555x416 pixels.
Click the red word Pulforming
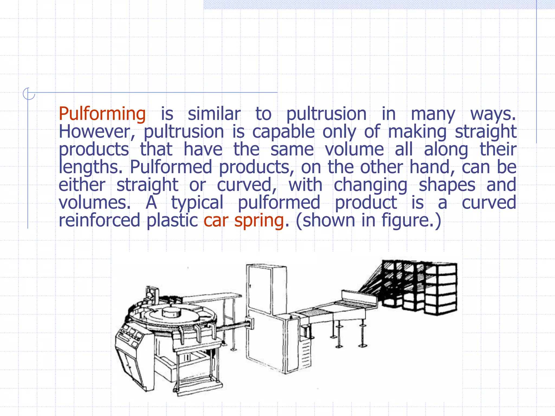[x=102, y=114]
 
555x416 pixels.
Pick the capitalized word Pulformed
[x=171, y=167]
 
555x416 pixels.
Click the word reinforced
[x=99, y=220]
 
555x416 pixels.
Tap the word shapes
[x=447, y=185]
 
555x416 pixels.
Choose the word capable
[x=283, y=132]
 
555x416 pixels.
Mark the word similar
[x=214, y=114]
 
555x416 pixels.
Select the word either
[x=82, y=185]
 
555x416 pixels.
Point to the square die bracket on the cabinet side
[x=250, y=323]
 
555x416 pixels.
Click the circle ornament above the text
[x=28, y=94]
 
